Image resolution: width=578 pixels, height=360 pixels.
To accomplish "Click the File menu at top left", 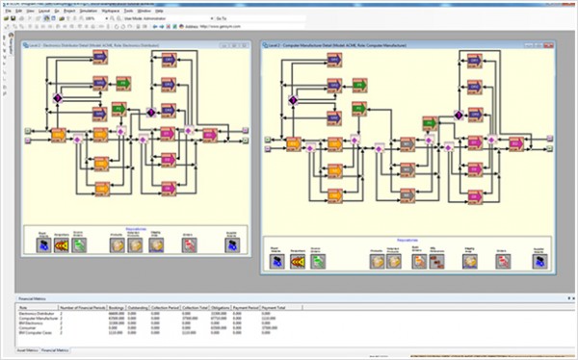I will click(x=8, y=11).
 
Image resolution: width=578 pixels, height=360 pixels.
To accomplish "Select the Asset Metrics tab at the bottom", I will click(x=20, y=352).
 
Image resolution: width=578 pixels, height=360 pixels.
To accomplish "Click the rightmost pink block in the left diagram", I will click(x=211, y=135).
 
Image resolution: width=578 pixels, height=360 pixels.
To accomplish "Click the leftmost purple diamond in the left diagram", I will click(x=57, y=98).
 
